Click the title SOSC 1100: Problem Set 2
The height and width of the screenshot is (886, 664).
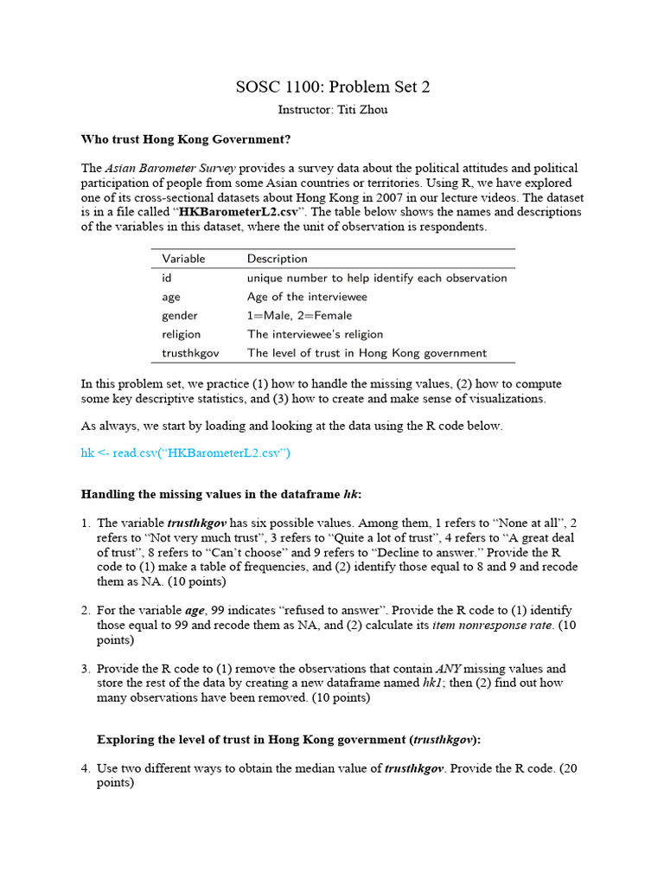333,87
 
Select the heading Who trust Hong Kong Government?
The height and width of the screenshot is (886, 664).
186,138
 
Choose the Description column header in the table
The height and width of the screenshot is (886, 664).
277,259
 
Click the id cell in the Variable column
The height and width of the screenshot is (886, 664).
167,278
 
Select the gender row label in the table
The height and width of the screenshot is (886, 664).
179,315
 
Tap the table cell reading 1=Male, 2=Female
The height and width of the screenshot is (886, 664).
299,315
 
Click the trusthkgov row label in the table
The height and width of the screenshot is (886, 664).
190,352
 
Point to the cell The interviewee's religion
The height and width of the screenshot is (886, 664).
315,334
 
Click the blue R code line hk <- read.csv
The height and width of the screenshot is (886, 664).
186,453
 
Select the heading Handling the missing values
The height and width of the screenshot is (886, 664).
220,494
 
